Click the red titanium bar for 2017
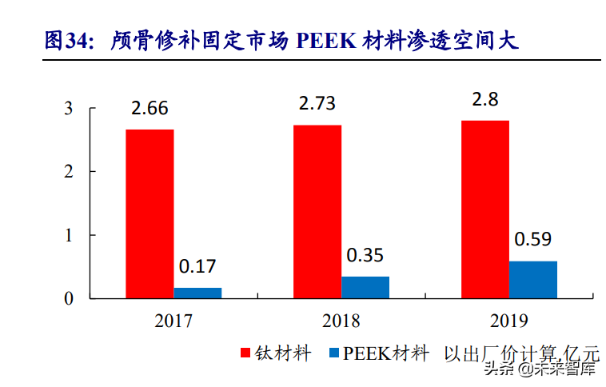[x=150, y=213]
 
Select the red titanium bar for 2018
[x=317, y=211]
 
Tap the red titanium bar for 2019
[x=485, y=209]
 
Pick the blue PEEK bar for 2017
[x=197, y=293]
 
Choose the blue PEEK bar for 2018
[x=365, y=287]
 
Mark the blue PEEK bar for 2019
[x=533, y=279]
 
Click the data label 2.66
[x=150, y=109]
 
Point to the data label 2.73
[x=317, y=104]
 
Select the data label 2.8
[x=485, y=100]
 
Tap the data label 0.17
[x=197, y=266]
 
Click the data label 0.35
[x=365, y=256]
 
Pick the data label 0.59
[x=533, y=239]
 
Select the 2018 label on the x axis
[x=341, y=321]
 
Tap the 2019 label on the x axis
[x=509, y=321]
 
